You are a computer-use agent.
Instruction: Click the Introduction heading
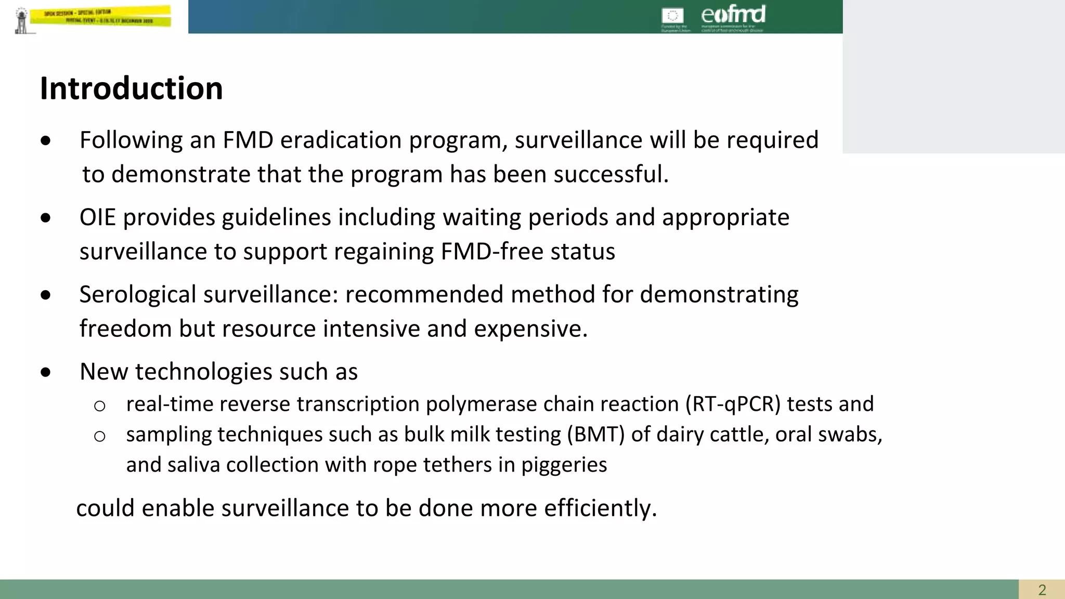[x=131, y=88]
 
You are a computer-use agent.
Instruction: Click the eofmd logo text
[x=733, y=14]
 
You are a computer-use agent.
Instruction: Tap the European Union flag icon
[x=672, y=16]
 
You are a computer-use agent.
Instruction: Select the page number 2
[x=1042, y=590]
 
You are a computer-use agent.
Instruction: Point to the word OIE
[x=97, y=217]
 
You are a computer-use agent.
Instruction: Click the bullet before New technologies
[x=46, y=372]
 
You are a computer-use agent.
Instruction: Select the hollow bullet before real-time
[x=99, y=406]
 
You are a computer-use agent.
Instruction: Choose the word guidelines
[x=276, y=217]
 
